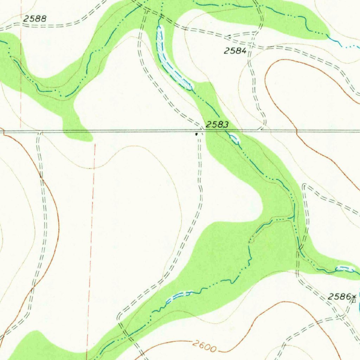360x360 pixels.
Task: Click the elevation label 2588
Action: [35, 19]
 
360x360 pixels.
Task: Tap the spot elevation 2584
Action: [235, 51]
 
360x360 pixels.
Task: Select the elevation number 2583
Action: [217, 124]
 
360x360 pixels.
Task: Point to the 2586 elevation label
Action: [339, 297]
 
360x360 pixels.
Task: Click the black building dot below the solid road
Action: [197, 134]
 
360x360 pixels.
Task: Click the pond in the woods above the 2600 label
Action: [179, 295]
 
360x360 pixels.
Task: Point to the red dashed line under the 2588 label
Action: [21, 70]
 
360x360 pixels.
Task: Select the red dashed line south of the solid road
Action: [91, 246]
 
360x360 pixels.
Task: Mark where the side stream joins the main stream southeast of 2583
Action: [293, 218]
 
